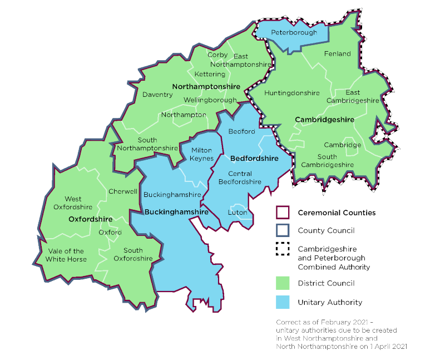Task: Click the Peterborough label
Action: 294,32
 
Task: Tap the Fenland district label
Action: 337,53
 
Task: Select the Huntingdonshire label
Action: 292,93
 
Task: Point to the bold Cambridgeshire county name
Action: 324,120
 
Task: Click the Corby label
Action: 217,55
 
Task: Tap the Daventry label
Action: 157,95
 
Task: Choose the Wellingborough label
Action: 210,100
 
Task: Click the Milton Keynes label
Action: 202,154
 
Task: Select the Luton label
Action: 238,213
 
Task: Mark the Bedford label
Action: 241,131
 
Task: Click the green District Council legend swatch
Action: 284,284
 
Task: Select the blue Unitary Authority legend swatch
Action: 284,302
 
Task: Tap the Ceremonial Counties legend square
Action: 284,213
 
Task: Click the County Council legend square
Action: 284,230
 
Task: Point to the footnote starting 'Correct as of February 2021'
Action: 340,334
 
